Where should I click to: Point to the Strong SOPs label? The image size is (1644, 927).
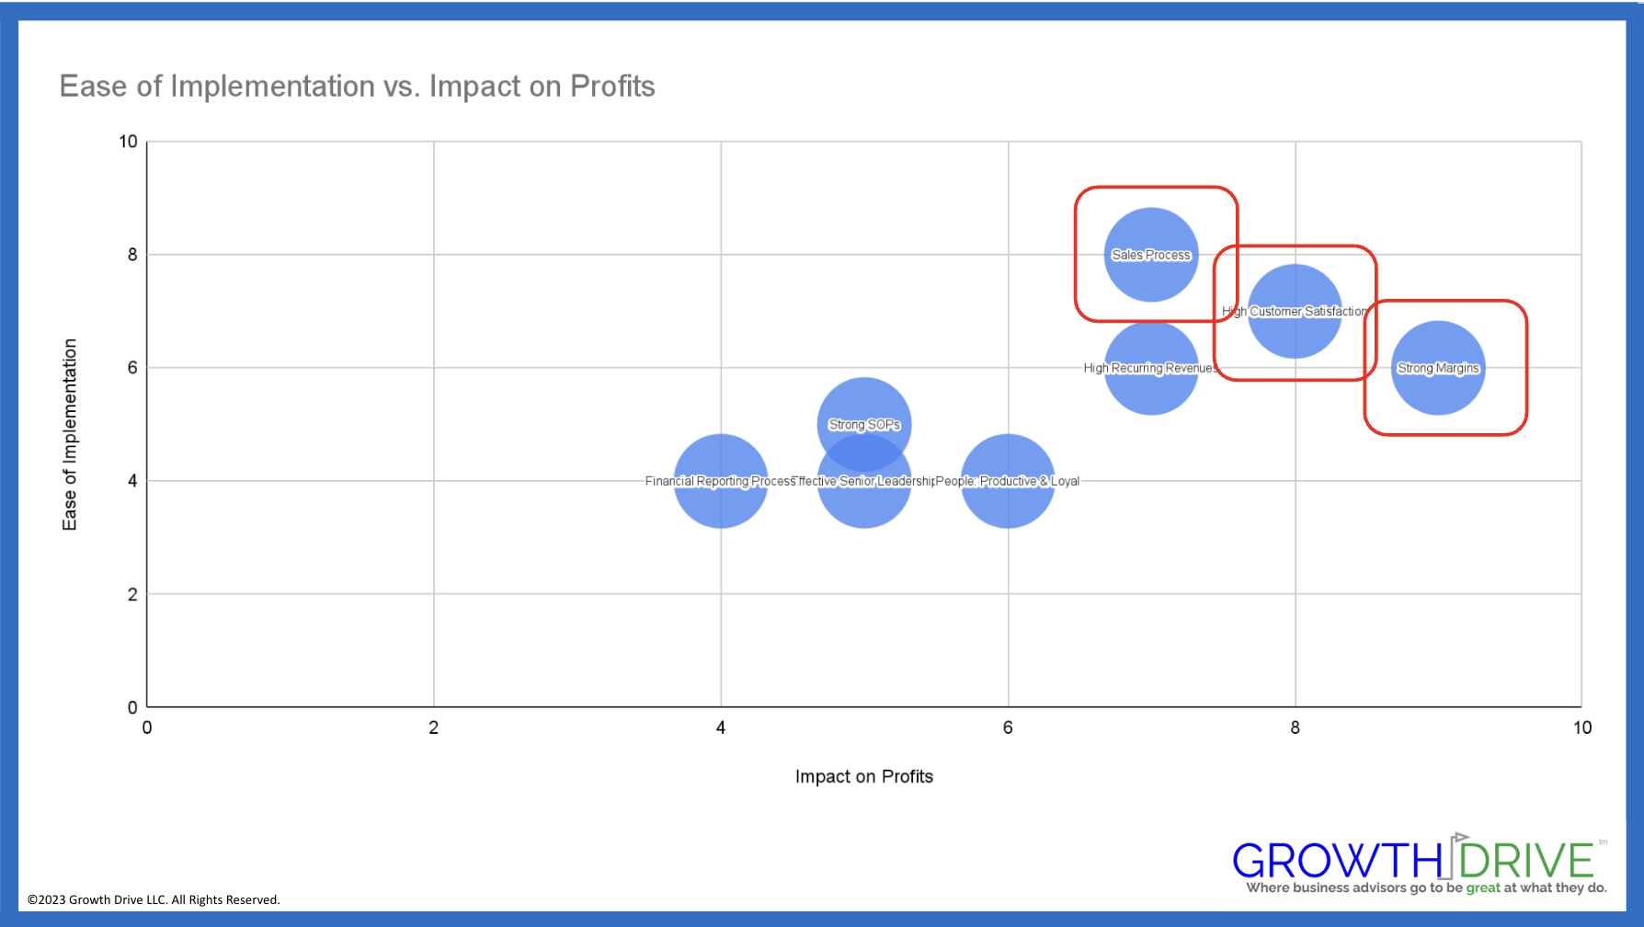click(864, 424)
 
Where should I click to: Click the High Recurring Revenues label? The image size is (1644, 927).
click(1150, 368)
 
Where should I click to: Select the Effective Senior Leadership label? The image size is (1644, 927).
click(864, 481)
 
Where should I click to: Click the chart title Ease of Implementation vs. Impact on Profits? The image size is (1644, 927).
click(357, 86)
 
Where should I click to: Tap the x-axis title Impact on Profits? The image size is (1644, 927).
click(863, 776)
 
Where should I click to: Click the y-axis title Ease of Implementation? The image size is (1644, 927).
click(70, 434)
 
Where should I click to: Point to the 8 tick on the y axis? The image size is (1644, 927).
click(132, 255)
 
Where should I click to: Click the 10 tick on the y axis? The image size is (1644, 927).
click(128, 142)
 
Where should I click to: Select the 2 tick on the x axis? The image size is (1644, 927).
click(434, 727)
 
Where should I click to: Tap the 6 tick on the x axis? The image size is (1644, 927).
click(1008, 727)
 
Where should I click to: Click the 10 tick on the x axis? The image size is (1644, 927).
click(1581, 727)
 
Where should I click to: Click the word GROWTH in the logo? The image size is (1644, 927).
click(1337, 862)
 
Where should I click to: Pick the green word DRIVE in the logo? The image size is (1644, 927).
click(1526, 862)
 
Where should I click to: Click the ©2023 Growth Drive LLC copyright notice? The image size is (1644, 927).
click(154, 899)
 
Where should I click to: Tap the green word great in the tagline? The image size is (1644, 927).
click(1483, 887)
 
